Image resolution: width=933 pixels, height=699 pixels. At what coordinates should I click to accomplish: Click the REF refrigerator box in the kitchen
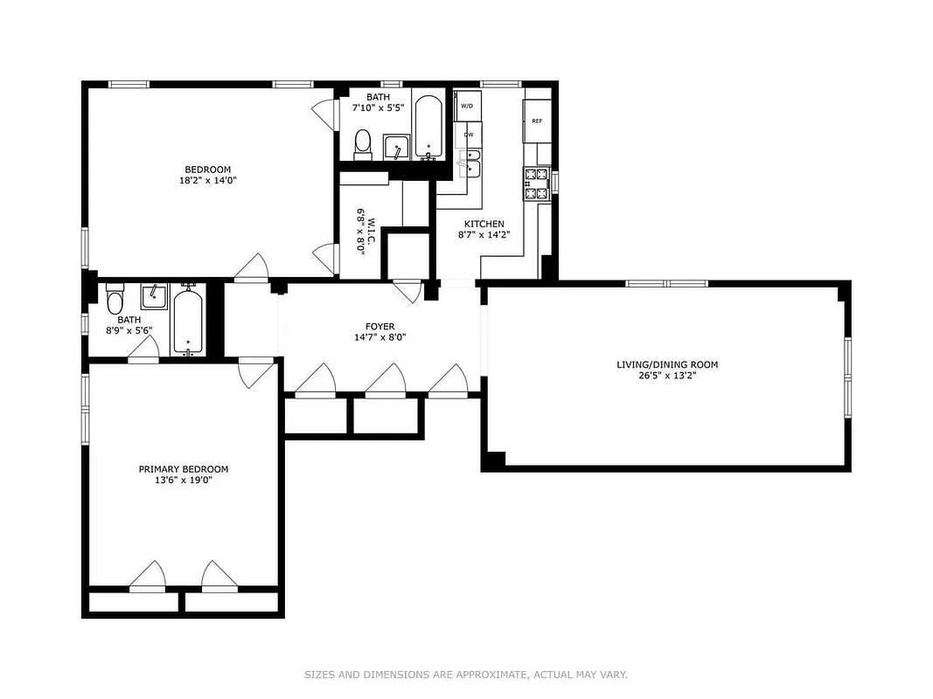tap(536, 121)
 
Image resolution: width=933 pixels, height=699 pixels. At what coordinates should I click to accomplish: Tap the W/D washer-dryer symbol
tap(467, 107)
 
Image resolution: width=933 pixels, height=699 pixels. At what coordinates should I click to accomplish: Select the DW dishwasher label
tap(469, 135)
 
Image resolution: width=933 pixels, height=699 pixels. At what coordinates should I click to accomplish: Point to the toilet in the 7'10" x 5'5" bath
tap(363, 142)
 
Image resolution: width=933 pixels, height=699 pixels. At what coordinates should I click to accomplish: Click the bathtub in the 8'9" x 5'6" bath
tap(188, 321)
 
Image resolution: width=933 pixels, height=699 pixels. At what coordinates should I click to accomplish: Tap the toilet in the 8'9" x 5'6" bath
tap(114, 303)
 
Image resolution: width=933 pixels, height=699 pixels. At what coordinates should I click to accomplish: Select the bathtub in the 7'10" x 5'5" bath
tap(428, 128)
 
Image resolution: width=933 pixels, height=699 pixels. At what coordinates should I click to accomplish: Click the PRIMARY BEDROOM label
tap(184, 469)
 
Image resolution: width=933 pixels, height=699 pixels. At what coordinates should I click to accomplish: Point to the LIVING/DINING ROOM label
tap(667, 364)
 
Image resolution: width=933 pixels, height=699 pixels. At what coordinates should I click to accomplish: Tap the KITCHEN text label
tap(484, 224)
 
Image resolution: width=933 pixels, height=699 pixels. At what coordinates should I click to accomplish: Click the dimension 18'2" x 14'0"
tap(207, 181)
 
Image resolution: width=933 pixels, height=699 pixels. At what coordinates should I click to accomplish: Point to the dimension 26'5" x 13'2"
tap(667, 376)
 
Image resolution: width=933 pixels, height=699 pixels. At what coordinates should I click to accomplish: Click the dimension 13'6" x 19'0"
tap(184, 480)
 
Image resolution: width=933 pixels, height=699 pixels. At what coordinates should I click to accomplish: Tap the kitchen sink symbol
tap(470, 163)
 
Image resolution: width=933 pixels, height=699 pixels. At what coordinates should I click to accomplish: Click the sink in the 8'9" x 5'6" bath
tap(154, 298)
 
